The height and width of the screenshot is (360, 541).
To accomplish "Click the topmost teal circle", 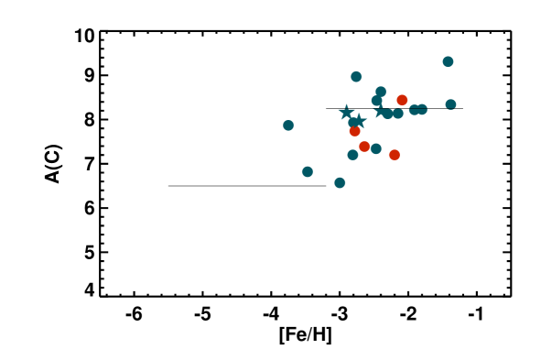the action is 448,61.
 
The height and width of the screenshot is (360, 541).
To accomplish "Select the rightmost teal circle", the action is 450,104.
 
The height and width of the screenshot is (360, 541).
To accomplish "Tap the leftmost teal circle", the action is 288,125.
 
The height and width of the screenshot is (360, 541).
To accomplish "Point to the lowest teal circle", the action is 340,182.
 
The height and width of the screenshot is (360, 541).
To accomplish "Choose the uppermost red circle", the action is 402,100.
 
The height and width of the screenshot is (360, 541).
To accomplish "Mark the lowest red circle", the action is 395,155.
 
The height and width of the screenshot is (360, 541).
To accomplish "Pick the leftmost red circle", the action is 354,131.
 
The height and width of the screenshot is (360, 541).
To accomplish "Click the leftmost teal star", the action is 346,113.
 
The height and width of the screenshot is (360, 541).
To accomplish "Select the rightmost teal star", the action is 380,112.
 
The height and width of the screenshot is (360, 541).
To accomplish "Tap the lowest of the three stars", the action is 359,121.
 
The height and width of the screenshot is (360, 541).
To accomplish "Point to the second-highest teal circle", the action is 356,77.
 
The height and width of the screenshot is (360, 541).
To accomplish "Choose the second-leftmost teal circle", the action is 308,171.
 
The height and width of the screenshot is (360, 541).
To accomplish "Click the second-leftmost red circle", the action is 364,147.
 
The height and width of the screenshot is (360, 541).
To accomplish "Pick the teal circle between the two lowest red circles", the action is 376,148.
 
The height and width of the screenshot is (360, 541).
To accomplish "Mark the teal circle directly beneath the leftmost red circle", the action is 352,154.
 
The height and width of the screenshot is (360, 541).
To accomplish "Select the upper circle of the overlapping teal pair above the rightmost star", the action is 381,92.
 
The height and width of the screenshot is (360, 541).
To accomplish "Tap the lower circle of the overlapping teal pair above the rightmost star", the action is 376,101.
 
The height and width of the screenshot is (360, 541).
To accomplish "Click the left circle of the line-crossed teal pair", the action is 414,110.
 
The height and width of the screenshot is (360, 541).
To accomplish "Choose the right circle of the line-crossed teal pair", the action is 422,110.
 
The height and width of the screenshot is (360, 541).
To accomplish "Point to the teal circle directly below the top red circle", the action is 398,114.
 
